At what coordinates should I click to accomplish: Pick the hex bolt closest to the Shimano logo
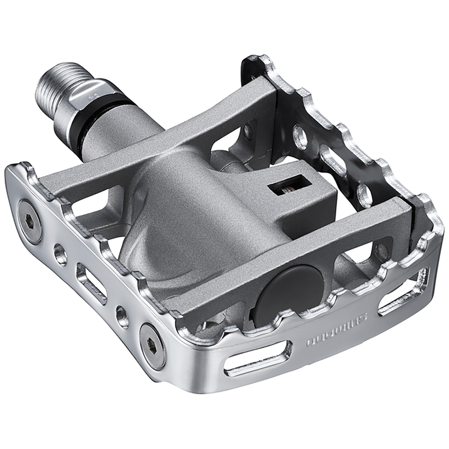point(153,346)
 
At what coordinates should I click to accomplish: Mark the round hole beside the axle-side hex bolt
point(60,254)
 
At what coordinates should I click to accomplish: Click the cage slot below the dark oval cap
point(257,359)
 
